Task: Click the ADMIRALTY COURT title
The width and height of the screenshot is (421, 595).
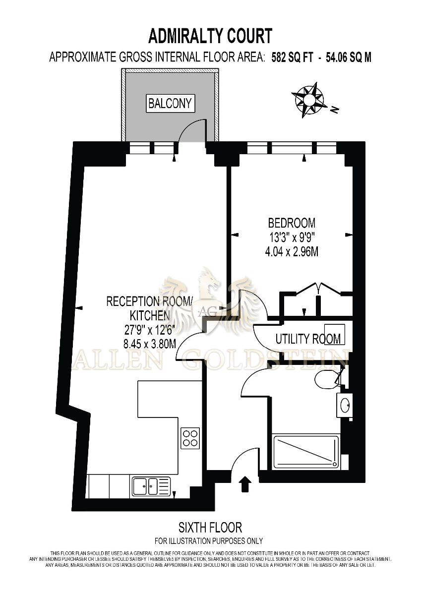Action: [x=210, y=36]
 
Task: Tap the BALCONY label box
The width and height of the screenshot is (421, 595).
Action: [x=170, y=103]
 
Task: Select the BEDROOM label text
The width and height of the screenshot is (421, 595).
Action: [x=292, y=223]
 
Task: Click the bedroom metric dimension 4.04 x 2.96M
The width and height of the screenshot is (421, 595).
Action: [x=292, y=251]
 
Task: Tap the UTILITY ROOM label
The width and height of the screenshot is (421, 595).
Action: [x=308, y=339]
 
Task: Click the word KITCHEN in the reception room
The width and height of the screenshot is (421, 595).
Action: [x=150, y=315]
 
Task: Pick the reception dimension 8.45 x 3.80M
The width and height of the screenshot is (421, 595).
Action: [x=150, y=344]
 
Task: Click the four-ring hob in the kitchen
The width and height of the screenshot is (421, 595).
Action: [x=190, y=438]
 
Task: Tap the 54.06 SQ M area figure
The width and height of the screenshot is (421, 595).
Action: [x=349, y=57]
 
